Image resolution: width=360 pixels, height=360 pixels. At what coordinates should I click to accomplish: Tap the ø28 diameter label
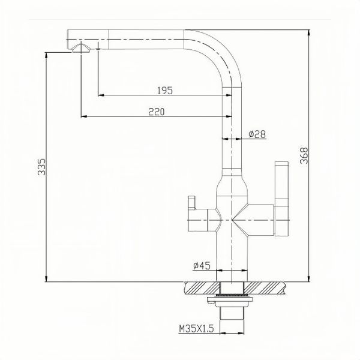257,134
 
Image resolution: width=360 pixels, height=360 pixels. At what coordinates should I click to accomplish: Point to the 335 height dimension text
41,167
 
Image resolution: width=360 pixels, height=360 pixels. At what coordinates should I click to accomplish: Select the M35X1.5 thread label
196,329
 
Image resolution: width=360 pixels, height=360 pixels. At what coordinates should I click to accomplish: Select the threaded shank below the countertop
230,312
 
